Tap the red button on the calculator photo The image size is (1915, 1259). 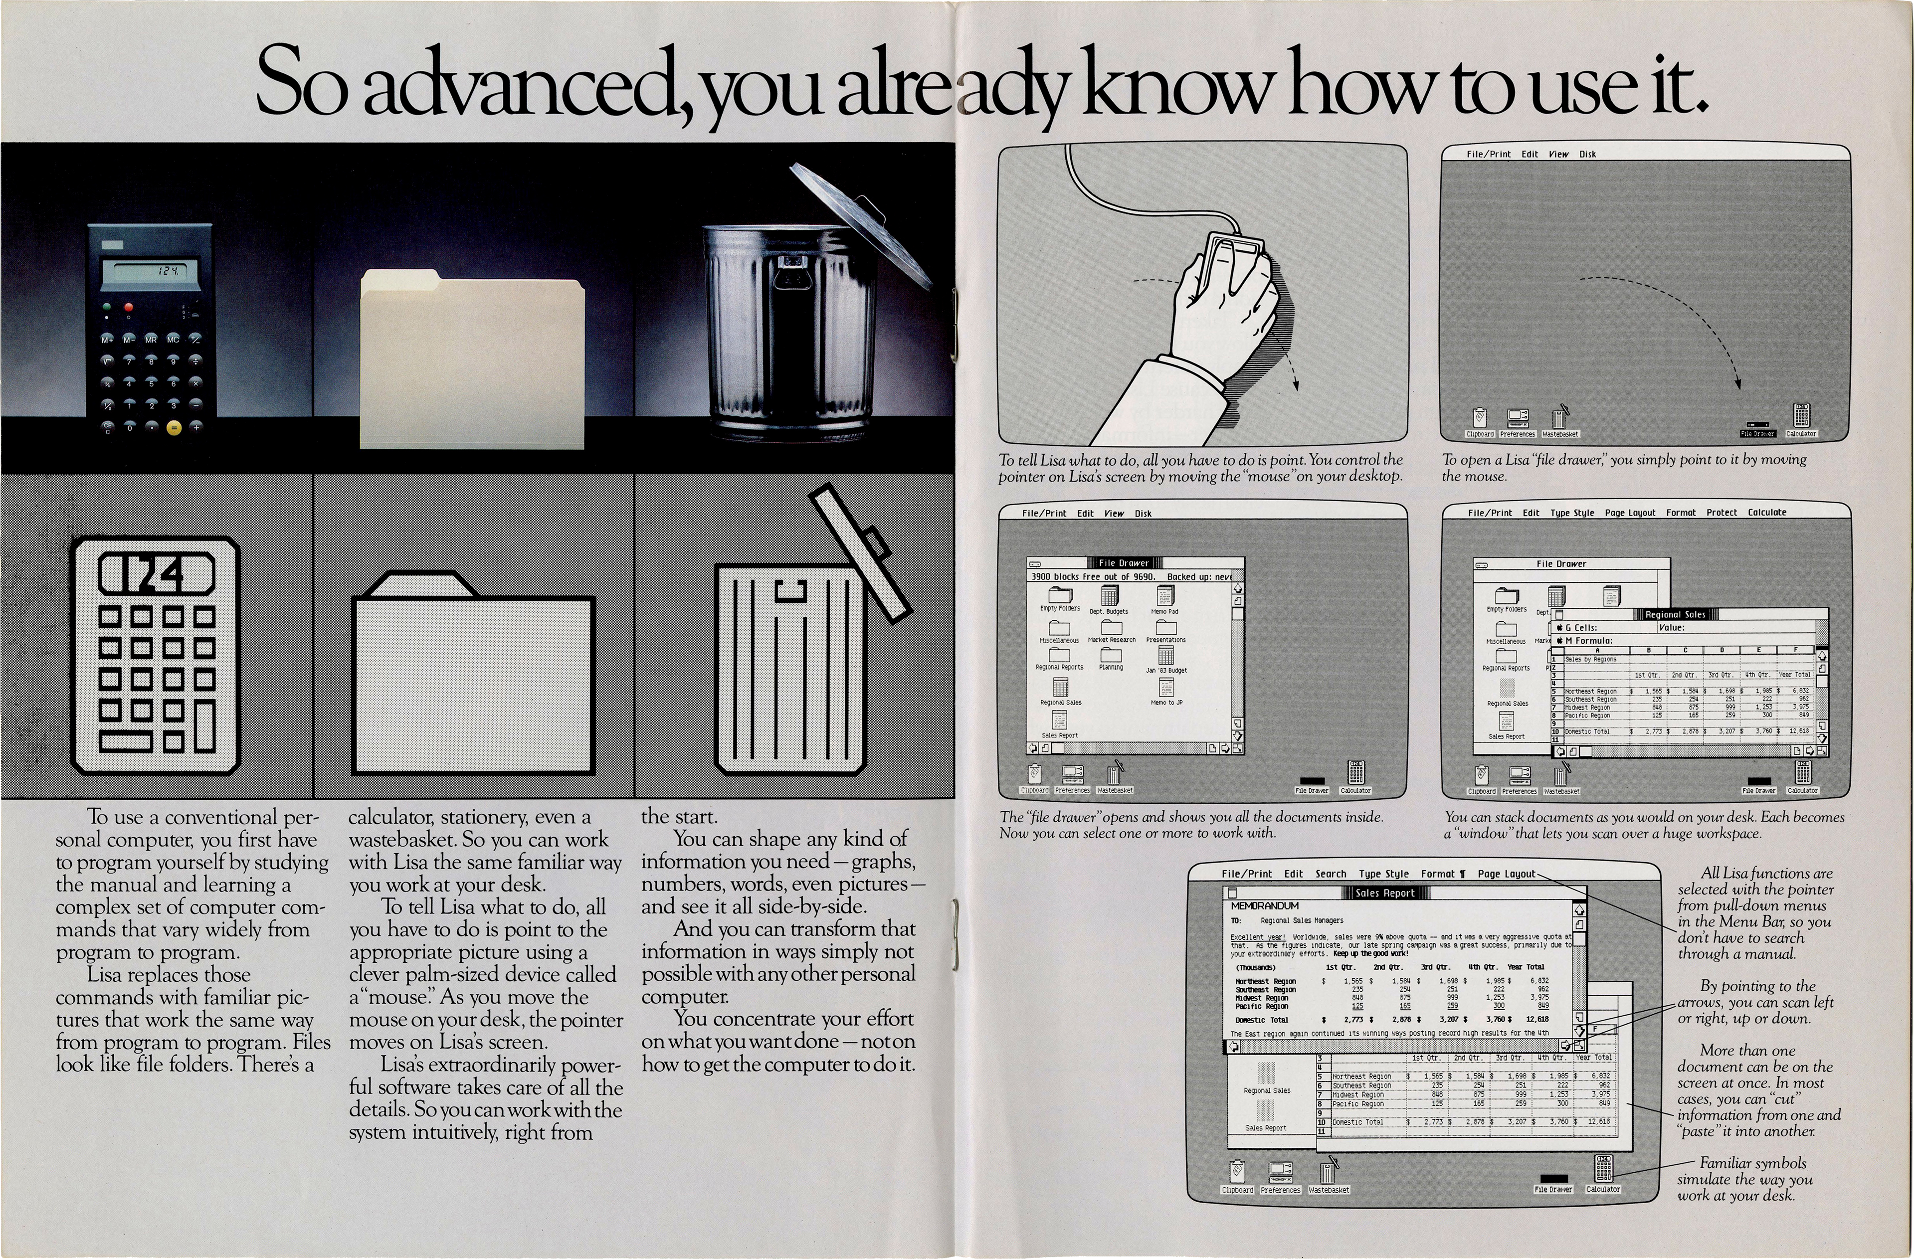click(128, 307)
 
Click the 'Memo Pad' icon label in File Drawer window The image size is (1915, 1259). click(1164, 611)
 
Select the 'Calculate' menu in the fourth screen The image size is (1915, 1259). click(1766, 513)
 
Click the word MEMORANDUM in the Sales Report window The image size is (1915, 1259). click(1265, 906)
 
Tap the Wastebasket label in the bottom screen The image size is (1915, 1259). click(1329, 1190)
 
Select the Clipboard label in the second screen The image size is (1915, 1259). click(1480, 434)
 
